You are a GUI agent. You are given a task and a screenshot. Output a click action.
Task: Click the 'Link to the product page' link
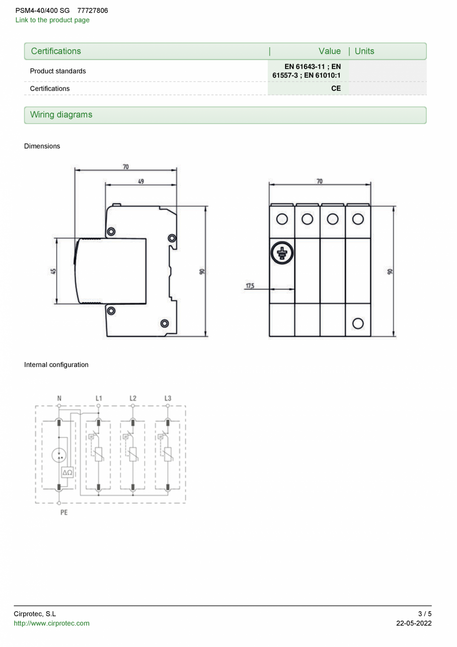(x=52, y=20)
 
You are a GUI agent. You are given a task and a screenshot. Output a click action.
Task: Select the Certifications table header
(x=56, y=51)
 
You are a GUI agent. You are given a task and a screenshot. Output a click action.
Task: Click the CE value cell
(x=336, y=88)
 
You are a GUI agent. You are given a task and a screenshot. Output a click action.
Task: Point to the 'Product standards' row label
(x=58, y=71)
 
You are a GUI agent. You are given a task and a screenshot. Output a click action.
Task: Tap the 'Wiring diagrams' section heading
(x=61, y=115)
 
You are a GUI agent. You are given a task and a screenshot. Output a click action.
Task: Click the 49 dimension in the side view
(x=141, y=182)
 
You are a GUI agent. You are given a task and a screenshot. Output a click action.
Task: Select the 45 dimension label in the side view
(x=53, y=272)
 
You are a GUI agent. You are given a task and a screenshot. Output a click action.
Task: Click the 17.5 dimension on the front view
(x=249, y=286)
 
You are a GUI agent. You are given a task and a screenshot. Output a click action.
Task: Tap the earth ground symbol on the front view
(x=282, y=253)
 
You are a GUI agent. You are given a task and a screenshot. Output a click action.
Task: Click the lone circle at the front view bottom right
(x=358, y=324)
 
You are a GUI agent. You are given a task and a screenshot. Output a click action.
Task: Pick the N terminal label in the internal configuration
(x=59, y=398)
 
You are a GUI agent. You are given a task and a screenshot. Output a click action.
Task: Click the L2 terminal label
(x=133, y=398)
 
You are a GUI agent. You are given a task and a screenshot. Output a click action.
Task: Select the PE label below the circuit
(x=64, y=512)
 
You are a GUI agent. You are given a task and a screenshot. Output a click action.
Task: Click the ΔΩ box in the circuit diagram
(x=68, y=472)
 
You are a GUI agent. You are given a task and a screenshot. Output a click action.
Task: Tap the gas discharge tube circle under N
(x=59, y=455)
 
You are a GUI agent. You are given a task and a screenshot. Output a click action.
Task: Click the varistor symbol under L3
(x=168, y=454)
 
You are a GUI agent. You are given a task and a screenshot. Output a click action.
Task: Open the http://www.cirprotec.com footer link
(x=52, y=623)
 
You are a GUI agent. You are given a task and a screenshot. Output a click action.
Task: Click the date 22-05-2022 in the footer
(x=414, y=623)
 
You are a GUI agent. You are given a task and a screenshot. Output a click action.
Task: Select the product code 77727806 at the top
(x=92, y=10)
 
